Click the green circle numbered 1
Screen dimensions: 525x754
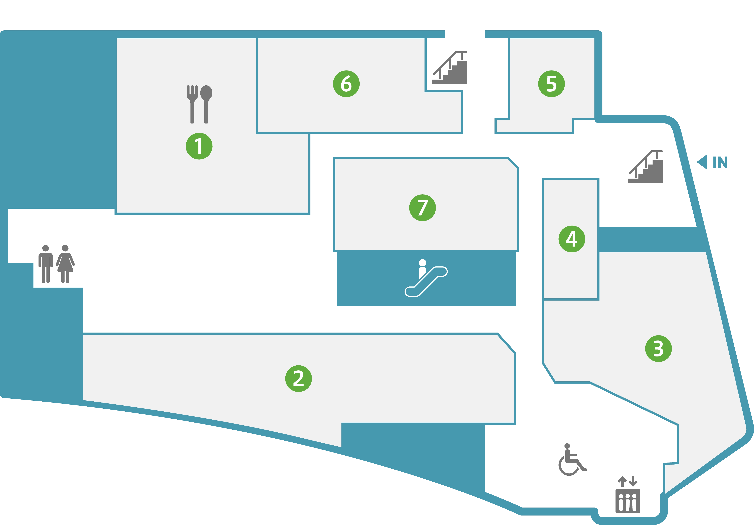pos(199,146)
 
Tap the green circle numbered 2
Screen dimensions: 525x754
pos(299,378)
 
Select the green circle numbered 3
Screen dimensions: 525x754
pos(658,349)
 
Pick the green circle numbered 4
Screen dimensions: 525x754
pos(572,239)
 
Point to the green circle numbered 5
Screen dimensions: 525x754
pos(551,84)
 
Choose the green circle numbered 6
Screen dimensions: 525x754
pos(346,84)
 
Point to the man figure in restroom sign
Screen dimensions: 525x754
pos(46,264)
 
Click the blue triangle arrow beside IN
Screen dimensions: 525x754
pos(702,162)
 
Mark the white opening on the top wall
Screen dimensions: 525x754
pos(465,20)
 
